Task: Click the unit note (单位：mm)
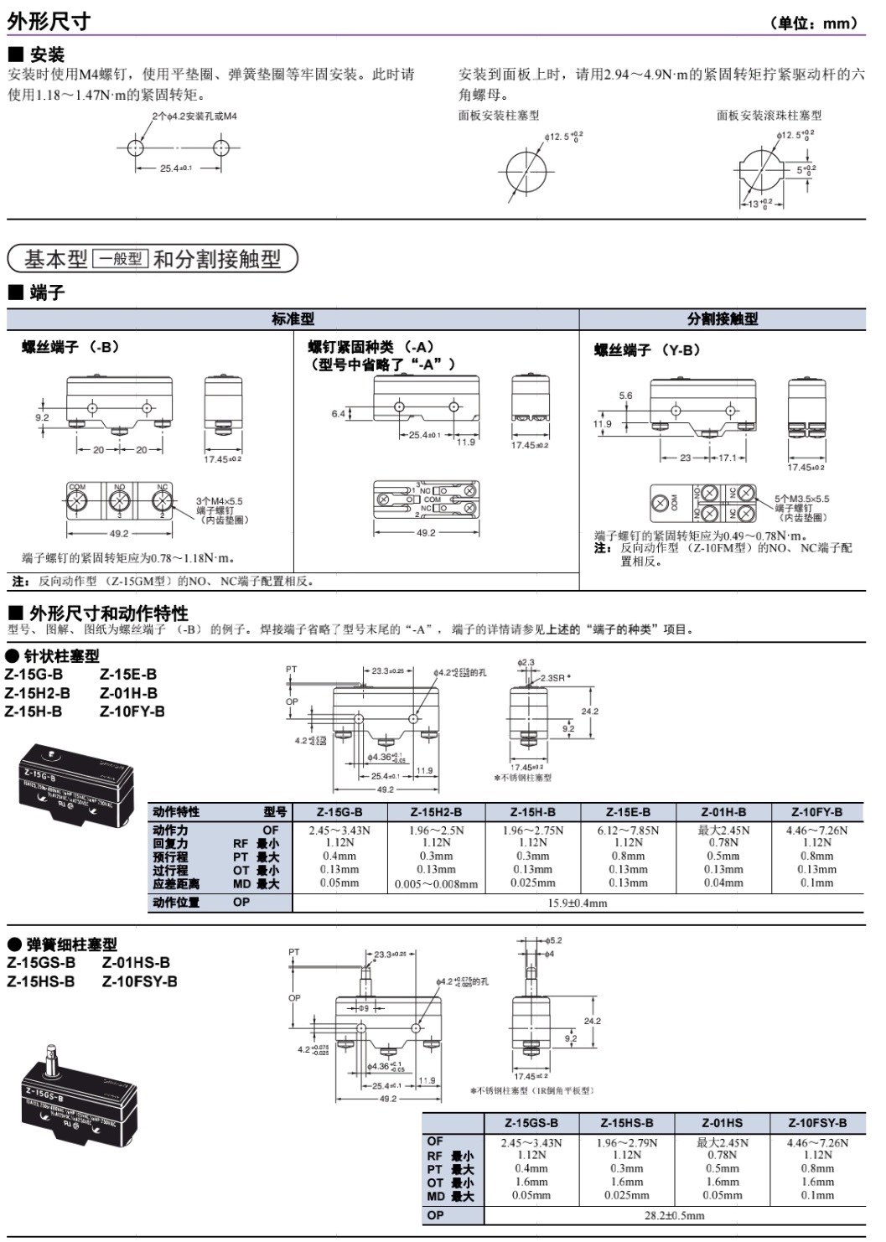[814, 23]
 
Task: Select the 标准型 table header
[293, 318]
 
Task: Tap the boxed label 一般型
[120, 259]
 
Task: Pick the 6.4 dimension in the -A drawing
[338, 413]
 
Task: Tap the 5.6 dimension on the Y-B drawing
[625, 396]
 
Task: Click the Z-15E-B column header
[628, 811]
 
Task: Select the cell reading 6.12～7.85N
[628, 831]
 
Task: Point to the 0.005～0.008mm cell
[436, 883]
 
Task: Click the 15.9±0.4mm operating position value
[578, 903]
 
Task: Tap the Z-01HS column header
[723, 1122]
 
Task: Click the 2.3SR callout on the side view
[554, 677]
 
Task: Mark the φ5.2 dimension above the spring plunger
[554, 940]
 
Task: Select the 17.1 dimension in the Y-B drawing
[727, 458]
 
